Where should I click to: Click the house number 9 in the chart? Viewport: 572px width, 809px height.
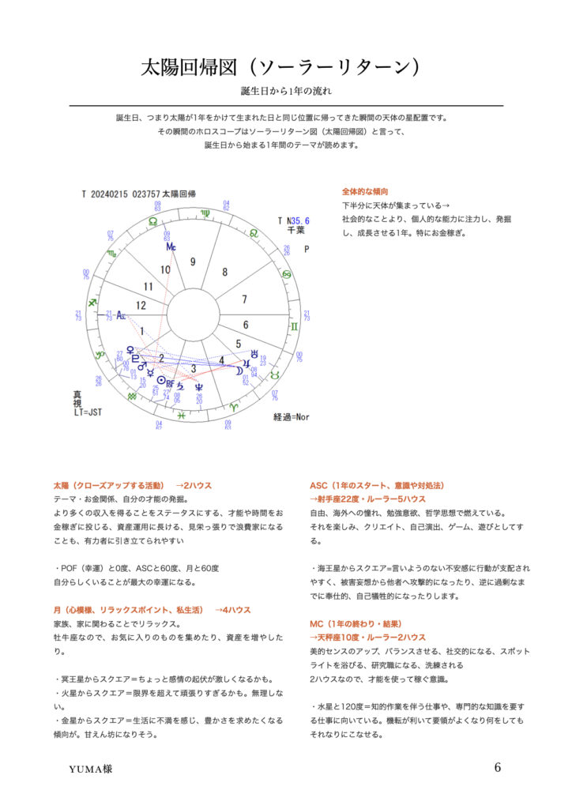[x=192, y=262]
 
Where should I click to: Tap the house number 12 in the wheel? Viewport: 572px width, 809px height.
[x=141, y=304]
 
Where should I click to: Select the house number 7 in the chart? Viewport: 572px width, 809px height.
[x=245, y=299]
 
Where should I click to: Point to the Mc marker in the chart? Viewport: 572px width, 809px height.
[x=171, y=246]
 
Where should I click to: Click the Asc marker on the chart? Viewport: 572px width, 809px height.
[x=121, y=314]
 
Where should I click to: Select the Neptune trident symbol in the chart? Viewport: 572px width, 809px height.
[x=198, y=386]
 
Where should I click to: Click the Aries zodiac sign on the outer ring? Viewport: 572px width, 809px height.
[x=233, y=405]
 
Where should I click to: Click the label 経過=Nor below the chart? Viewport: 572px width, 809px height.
[x=293, y=416]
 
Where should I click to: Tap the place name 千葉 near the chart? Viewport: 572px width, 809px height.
[x=296, y=230]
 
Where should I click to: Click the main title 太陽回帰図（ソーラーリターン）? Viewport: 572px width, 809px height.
[x=285, y=66]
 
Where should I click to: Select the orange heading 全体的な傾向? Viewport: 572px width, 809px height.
[x=364, y=191]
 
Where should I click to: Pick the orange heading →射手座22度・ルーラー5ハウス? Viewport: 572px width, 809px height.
[x=367, y=499]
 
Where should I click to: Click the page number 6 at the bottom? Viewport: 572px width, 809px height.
[x=498, y=767]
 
